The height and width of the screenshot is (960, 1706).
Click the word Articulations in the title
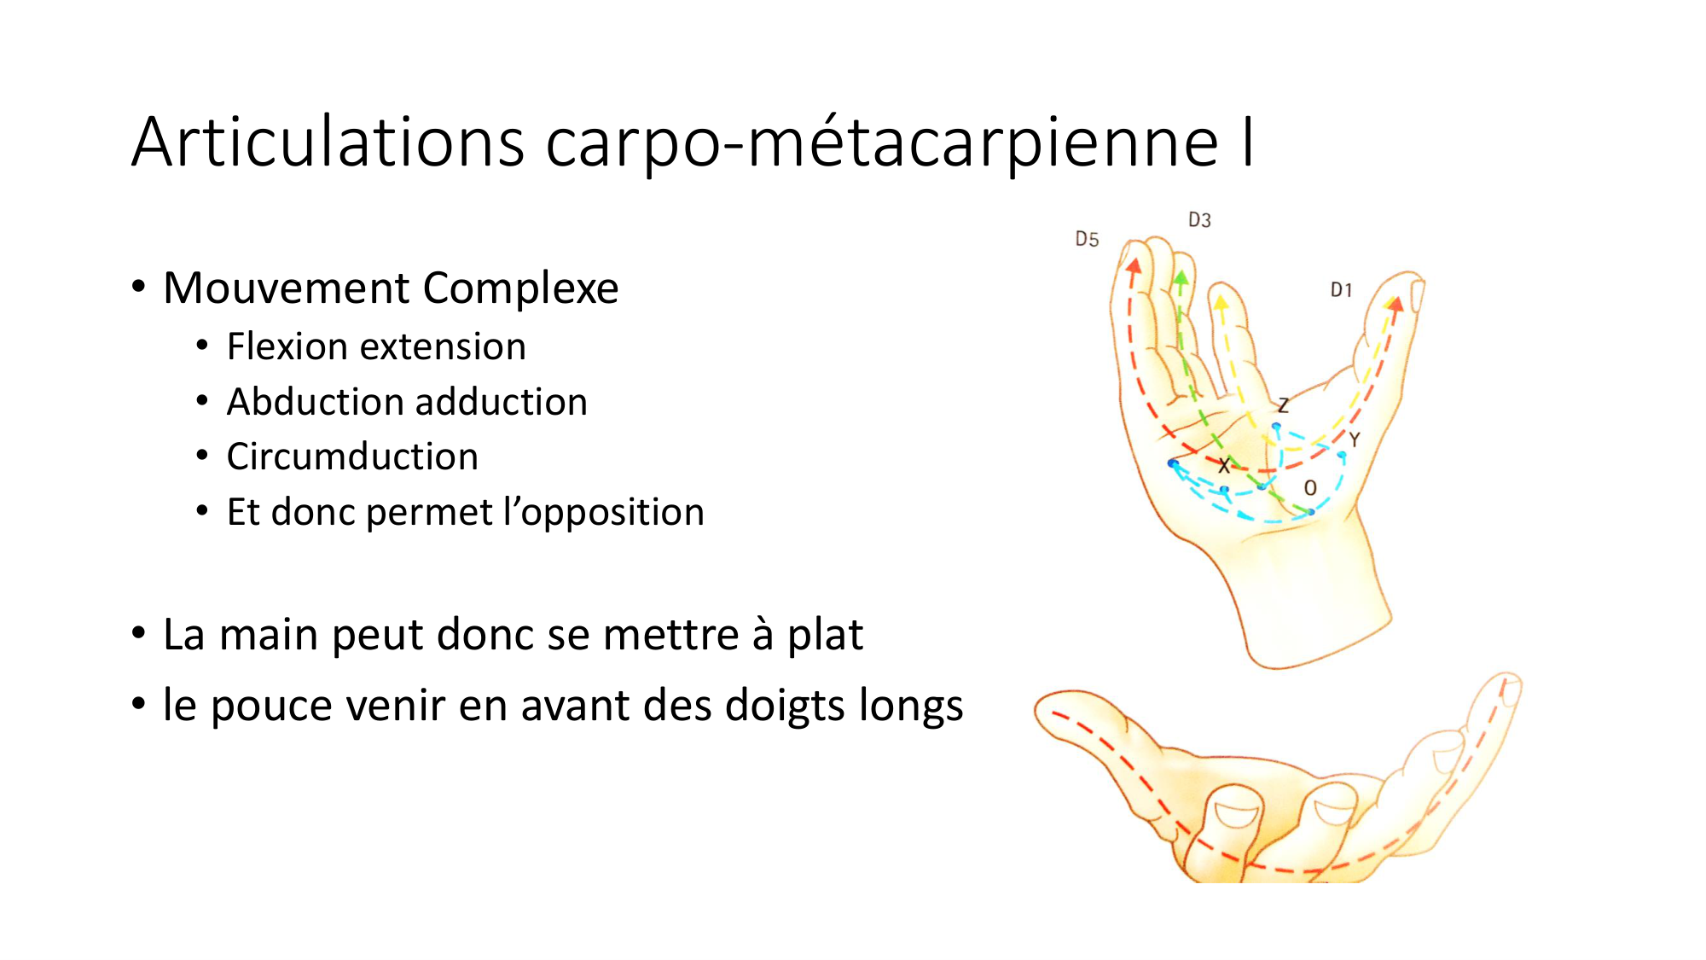328,142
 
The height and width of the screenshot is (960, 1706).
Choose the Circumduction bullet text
352,457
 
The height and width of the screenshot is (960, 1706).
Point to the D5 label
1087,239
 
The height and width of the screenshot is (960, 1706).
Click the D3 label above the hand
1199,220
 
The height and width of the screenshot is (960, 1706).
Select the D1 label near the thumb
1342,290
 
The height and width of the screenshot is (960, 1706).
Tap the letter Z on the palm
1283,405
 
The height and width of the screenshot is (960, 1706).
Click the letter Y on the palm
1354,440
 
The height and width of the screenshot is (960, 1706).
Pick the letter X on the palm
1224,466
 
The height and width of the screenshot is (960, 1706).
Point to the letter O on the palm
1310,488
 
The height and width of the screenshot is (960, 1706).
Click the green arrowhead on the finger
1181,277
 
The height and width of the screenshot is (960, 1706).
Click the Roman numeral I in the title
1248,142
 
